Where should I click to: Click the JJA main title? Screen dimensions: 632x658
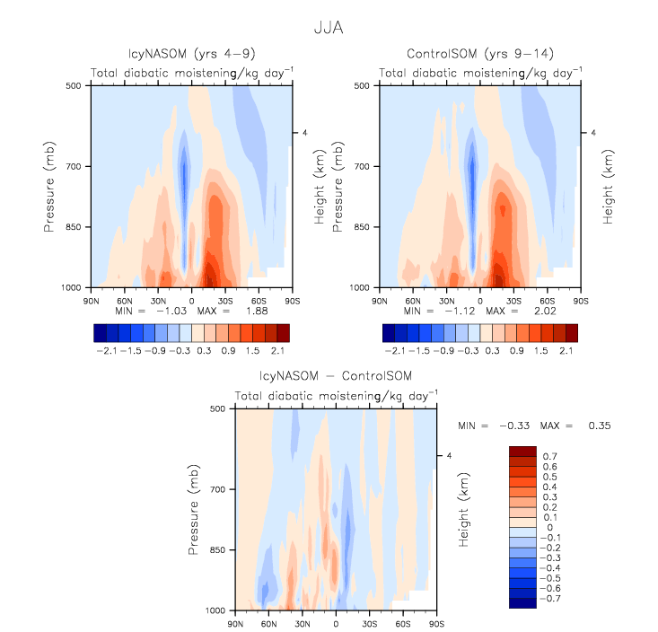click(x=329, y=29)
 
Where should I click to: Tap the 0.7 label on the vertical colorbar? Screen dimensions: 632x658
click(x=548, y=457)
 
